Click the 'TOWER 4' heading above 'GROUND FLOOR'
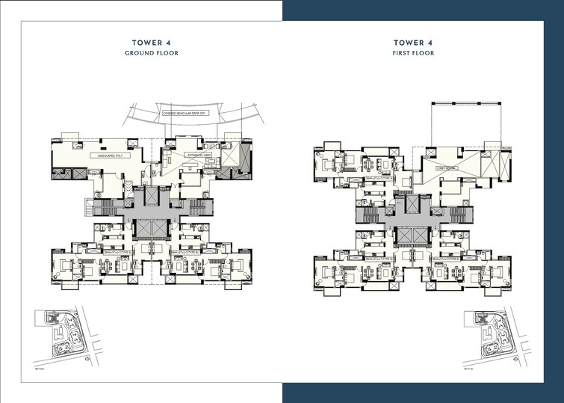(152, 43)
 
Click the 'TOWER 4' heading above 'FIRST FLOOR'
(413, 43)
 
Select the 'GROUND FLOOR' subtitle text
(152, 54)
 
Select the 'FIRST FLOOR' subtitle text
(413, 54)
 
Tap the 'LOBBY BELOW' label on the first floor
(447, 169)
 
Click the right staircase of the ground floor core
(198, 207)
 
